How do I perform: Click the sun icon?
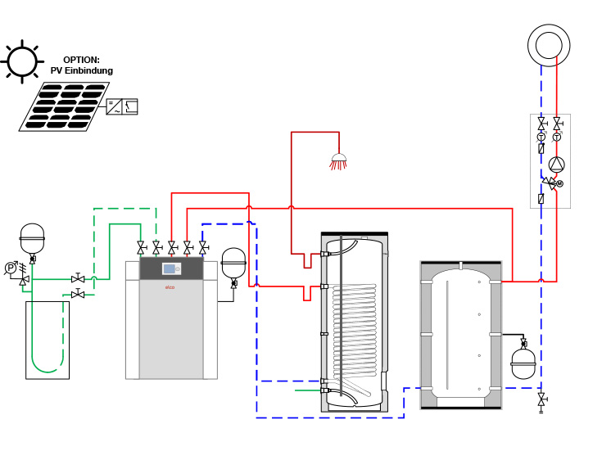tap(21, 61)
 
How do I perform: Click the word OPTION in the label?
tap(81, 60)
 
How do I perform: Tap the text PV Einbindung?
tap(88, 71)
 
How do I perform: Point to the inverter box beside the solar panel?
tap(122, 106)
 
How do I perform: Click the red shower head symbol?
tap(337, 161)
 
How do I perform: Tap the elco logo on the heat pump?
tap(170, 287)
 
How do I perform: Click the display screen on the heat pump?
tap(170, 269)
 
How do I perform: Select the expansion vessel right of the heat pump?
tap(233, 263)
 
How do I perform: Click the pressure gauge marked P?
tap(11, 267)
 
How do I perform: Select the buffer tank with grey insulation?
tap(460, 334)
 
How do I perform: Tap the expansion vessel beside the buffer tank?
tap(523, 363)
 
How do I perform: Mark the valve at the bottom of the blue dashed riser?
tap(541, 400)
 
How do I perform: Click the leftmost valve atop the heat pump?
tap(141, 246)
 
